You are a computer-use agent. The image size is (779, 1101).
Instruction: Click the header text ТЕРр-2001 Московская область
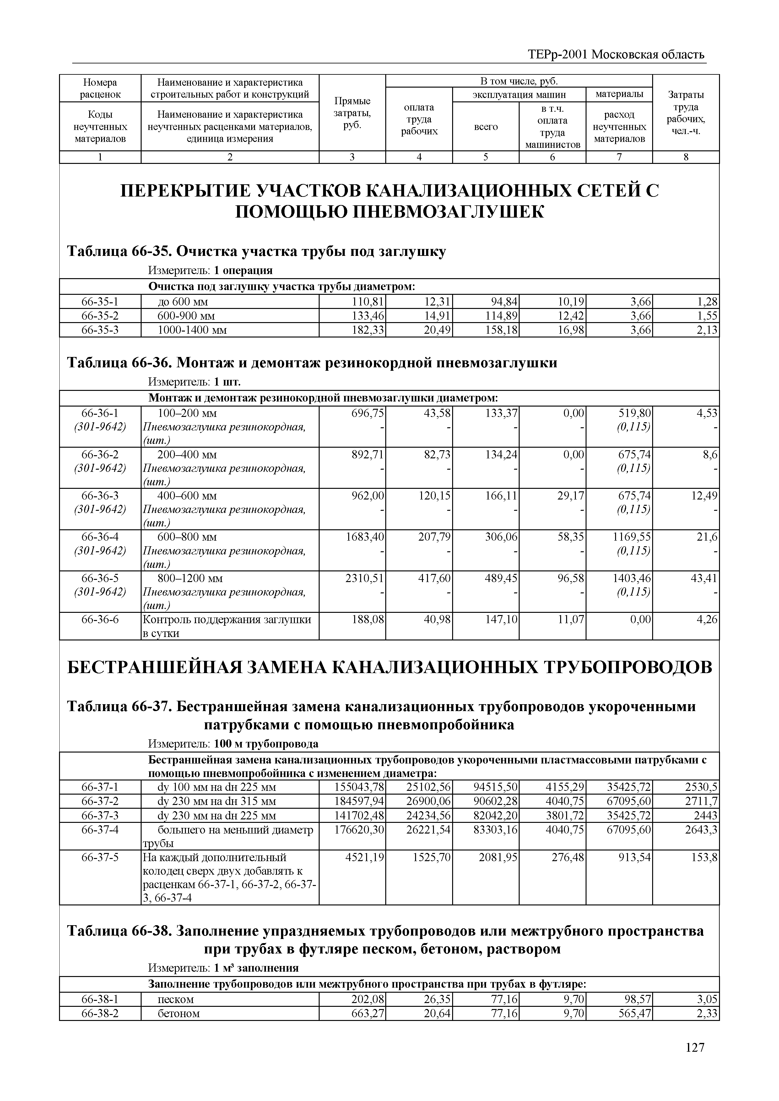(617, 54)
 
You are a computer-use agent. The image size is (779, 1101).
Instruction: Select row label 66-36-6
(100, 619)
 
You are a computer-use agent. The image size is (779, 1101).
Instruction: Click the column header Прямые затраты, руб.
(352, 113)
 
